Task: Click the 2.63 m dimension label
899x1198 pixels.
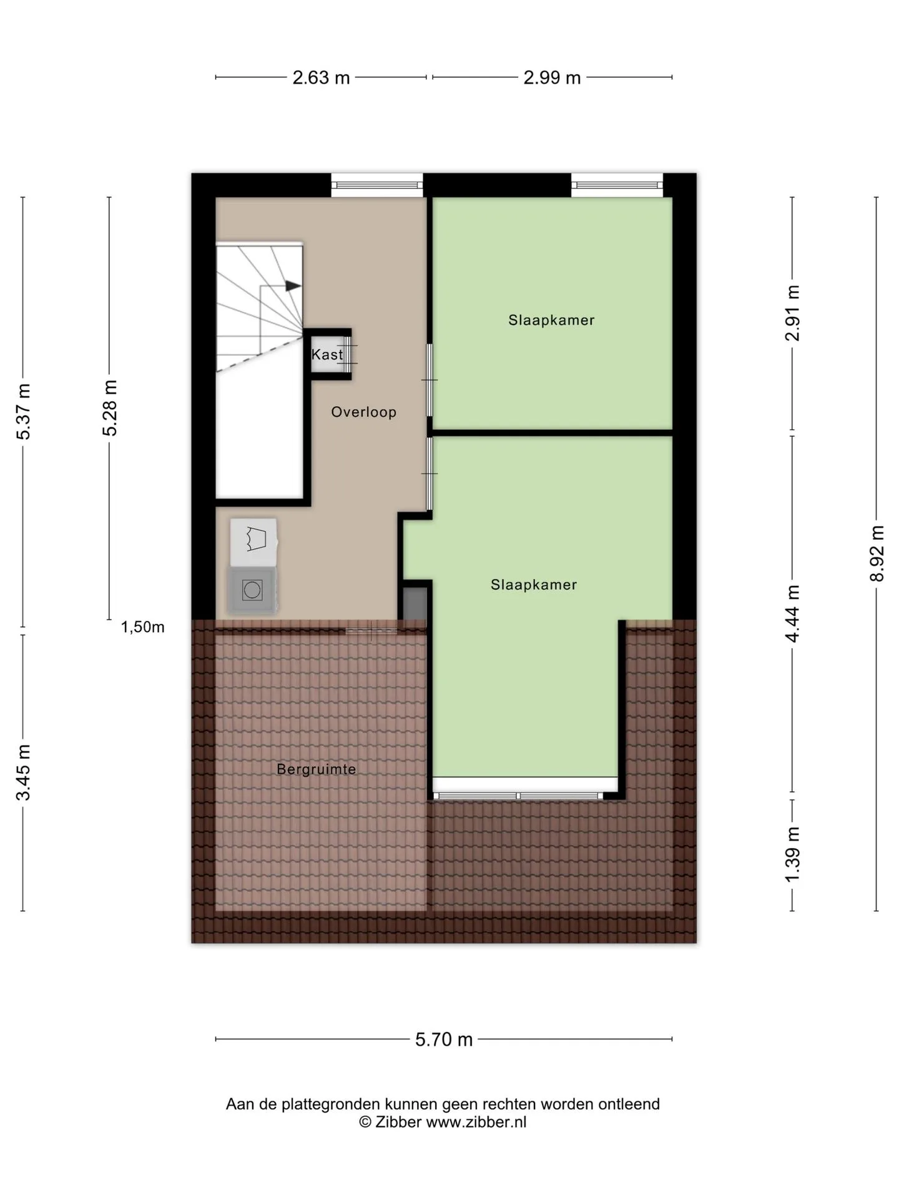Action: [x=321, y=78]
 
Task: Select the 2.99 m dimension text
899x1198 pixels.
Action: [x=552, y=78]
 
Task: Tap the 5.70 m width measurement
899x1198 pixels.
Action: [x=444, y=1040]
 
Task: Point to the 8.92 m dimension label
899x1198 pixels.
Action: [x=877, y=553]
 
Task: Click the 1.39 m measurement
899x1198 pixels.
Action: [x=792, y=855]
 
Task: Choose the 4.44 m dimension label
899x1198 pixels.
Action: [x=792, y=613]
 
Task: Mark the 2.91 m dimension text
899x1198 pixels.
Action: [x=792, y=313]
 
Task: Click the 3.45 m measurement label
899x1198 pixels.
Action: [x=23, y=772]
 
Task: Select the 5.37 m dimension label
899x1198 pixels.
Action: [x=23, y=412]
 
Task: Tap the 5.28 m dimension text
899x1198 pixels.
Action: [x=110, y=408]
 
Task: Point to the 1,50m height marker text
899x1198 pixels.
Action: [x=143, y=628]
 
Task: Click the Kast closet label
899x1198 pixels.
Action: [x=327, y=355]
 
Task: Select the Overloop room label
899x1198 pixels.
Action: [x=364, y=412]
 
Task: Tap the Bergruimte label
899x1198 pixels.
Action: [x=317, y=769]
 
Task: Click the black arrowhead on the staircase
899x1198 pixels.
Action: [x=293, y=286]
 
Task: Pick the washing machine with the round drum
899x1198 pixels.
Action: [x=253, y=590]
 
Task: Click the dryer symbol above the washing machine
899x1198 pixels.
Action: [x=253, y=541]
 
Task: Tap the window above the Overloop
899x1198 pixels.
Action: [x=376, y=185]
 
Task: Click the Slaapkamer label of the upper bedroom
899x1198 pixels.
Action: [x=551, y=321]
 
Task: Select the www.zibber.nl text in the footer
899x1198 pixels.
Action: [x=476, y=1123]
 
